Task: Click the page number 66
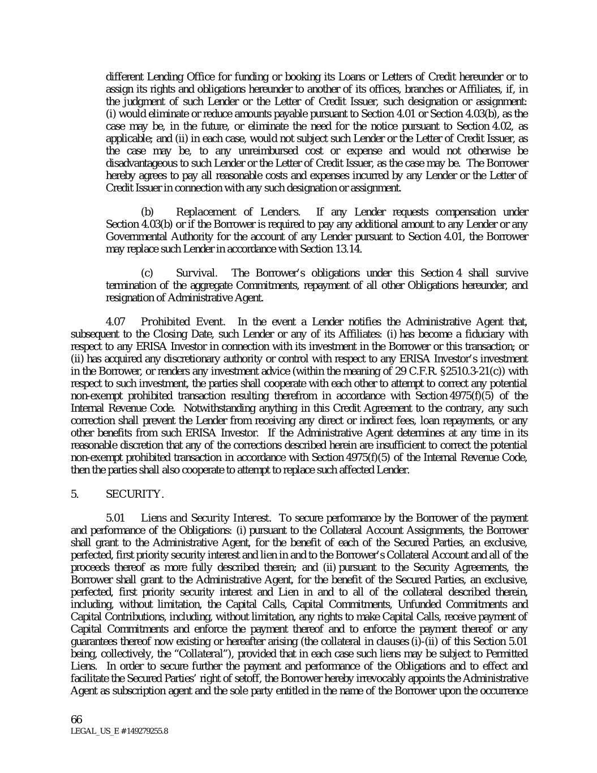click(x=76, y=719)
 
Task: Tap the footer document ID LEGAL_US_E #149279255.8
click(x=119, y=731)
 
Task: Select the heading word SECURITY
click(x=135, y=494)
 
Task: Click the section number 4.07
click(x=116, y=322)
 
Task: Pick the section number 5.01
click(x=116, y=518)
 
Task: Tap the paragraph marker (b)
click(x=147, y=212)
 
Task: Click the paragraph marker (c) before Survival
click(x=147, y=273)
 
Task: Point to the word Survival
click(x=196, y=273)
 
